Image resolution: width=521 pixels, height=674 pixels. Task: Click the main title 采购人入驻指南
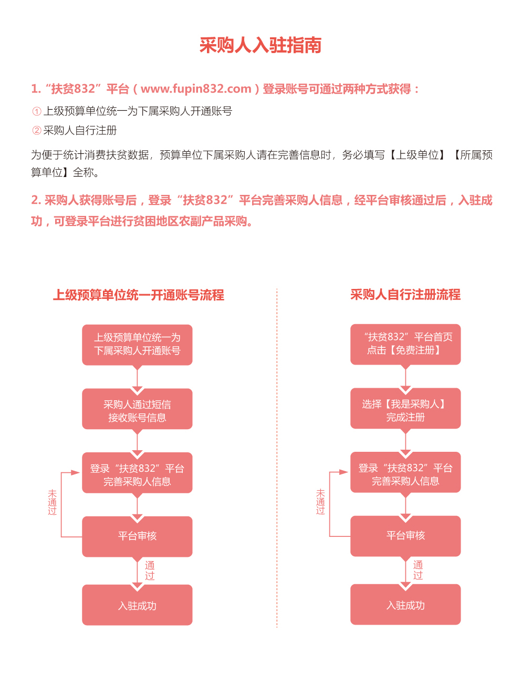[x=260, y=46]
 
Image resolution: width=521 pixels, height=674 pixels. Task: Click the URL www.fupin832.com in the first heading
[x=196, y=89]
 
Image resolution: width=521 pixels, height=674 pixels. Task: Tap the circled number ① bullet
[x=37, y=111]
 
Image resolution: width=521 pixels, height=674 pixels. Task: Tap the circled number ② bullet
[x=37, y=130]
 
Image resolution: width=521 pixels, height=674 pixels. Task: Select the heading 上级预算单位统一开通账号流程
[x=139, y=295]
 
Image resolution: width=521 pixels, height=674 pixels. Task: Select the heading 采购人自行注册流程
[x=405, y=295]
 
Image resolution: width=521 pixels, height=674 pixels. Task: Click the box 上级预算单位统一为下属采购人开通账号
[x=137, y=345]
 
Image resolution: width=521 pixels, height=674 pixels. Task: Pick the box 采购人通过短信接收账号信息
[x=137, y=409]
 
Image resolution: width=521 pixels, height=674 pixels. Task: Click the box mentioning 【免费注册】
[x=405, y=344]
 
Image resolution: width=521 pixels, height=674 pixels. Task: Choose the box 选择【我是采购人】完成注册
[x=405, y=409]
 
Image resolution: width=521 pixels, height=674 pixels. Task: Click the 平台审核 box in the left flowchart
[x=137, y=536]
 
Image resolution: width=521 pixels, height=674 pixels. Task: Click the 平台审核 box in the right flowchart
[x=405, y=536]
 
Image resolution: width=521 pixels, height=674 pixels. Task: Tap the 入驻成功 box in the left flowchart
[x=137, y=605]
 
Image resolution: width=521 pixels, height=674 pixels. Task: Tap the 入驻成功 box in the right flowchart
[x=405, y=605]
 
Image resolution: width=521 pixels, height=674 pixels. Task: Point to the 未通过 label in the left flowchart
[x=52, y=503]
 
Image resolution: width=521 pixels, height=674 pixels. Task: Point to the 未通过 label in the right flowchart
[x=320, y=502]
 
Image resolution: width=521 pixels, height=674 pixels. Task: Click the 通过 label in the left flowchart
[x=150, y=571]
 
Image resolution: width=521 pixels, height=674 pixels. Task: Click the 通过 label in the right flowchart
[x=418, y=570]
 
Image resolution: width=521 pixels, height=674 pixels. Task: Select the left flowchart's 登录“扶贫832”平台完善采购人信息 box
[x=137, y=473]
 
